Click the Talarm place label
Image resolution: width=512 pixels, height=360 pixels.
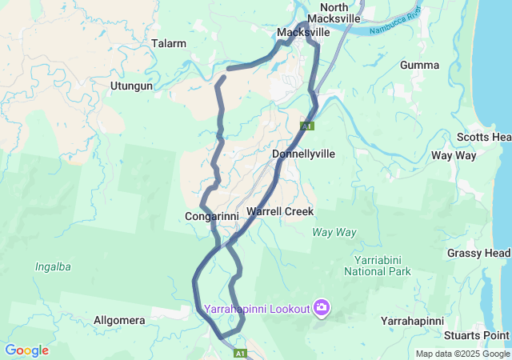coord(169,43)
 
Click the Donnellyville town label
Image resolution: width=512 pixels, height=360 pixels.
coord(303,153)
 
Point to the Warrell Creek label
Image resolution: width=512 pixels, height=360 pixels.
coord(280,211)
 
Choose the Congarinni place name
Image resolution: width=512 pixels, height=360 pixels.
coord(211,216)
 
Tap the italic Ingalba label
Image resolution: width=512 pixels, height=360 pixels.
coord(55,266)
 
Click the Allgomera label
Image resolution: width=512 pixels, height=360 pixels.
coord(119,320)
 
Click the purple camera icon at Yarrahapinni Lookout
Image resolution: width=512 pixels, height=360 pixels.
coord(322,307)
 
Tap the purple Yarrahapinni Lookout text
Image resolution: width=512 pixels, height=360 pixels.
coord(256,308)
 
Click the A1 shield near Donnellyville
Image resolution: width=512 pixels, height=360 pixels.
coord(306,126)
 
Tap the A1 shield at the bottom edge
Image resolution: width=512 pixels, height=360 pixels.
coord(239,352)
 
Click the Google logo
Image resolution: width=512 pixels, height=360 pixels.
coord(26,350)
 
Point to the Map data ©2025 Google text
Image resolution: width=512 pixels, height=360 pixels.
coord(462,354)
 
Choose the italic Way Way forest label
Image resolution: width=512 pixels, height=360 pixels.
coord(334,232)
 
